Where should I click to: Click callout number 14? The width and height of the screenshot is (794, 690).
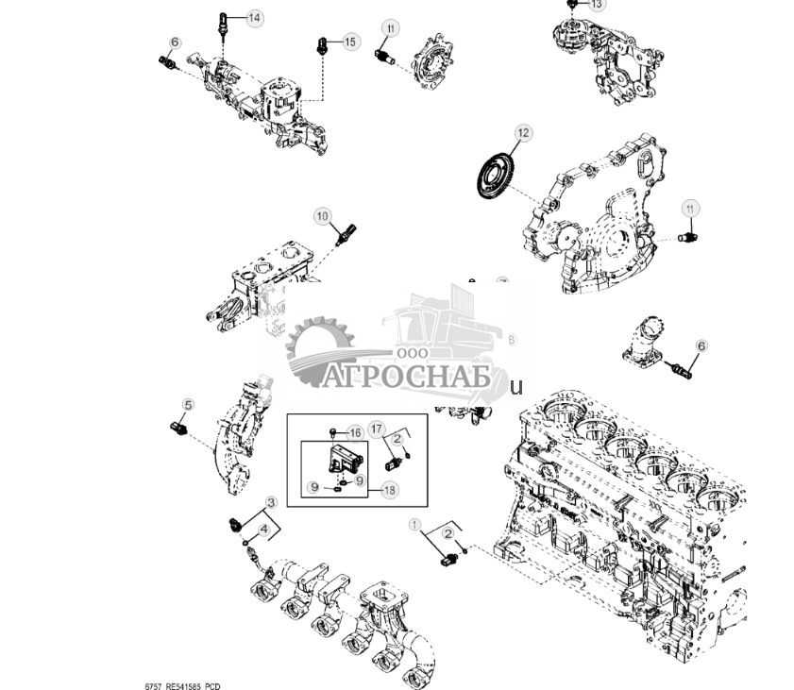click(255, 18)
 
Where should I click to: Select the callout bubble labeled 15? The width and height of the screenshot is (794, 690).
click(350, 42)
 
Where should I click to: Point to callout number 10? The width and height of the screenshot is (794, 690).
click(324, 216)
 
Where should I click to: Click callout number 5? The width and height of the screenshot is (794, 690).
click(187, 405)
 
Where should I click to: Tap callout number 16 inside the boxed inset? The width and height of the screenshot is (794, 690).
click(355, 432)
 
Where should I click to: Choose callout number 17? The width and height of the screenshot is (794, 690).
click(376, 429)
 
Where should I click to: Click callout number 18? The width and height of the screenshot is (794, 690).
click(389, 489)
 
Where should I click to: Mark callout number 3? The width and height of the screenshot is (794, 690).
click(271, 502)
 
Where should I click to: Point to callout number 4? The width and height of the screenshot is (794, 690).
click(264, 531)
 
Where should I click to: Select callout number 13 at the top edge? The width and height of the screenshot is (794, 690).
click(596, 4)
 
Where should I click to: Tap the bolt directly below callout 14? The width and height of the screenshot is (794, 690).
click(223, 23)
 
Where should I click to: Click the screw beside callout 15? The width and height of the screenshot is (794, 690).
click(322, 44)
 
